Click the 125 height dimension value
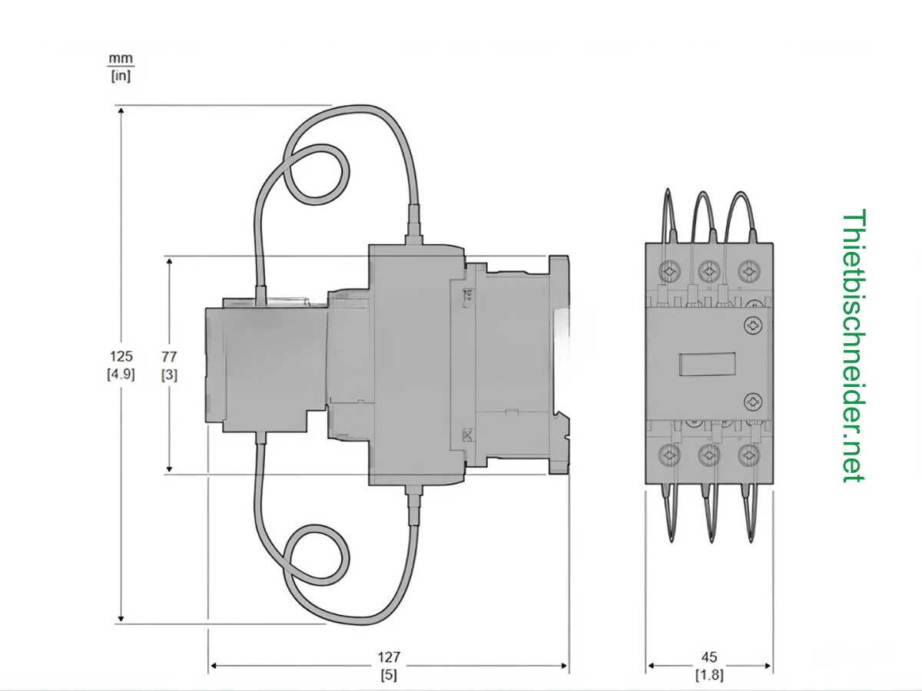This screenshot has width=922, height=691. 121,356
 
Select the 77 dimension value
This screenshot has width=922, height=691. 169,356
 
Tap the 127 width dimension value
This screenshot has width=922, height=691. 389,658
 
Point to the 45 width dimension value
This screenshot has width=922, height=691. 709,658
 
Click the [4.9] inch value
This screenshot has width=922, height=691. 121,375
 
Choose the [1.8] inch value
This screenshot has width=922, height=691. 709,676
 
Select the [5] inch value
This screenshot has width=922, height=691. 389,676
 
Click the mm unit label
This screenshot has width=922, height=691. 121,58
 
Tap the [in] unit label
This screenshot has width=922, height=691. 121,76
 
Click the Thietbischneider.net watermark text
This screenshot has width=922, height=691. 854,345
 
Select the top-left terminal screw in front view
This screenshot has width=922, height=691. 670,272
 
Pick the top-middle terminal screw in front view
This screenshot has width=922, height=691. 708,272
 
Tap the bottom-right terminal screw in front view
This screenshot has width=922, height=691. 748,455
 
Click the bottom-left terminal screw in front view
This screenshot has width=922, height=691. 670,455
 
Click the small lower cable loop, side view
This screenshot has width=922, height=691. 317,554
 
